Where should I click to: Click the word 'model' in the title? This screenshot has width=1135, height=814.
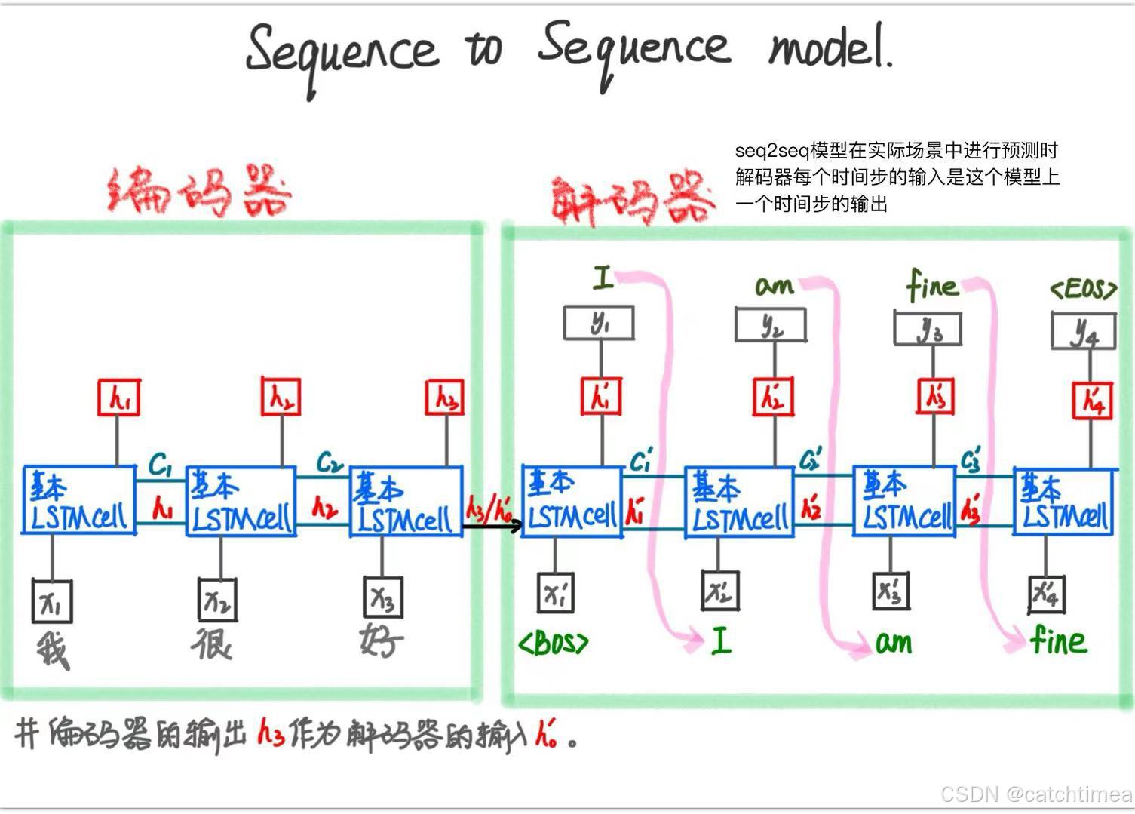tap(830, 49)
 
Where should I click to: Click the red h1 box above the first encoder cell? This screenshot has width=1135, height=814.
tap(119, 398)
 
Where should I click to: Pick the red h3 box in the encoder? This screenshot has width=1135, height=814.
tap(446, 398)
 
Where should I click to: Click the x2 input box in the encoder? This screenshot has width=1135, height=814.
tap(217, 600)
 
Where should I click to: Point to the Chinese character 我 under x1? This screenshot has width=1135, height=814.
tap(53, 650)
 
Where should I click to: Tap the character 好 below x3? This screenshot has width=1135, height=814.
tap(382, 642)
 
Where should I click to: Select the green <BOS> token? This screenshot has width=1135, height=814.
tap(553, 643)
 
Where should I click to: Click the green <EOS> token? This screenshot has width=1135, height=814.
tap(1083, 289)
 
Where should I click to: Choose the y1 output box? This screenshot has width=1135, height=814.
tap(599, 324)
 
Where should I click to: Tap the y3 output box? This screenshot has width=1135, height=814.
tap(928, 330)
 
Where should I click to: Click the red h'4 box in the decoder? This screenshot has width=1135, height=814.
tap(1091, 400)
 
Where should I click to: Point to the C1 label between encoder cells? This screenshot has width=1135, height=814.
tap(160, 465)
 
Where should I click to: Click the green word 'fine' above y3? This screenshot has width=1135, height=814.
tap(932, 287)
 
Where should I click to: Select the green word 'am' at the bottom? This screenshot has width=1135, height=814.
tap(894, 643)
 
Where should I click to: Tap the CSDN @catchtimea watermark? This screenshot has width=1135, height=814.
tap(1036, 794)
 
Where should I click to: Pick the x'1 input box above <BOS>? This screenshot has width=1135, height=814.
tap(557, 592)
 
